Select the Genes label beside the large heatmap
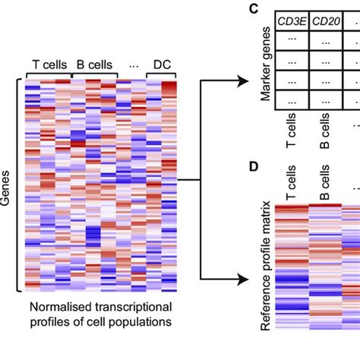(8, 186)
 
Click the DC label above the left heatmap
(162, 64)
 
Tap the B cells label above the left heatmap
(94, 64)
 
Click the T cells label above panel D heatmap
(291, 184)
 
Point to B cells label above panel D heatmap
(324, 184)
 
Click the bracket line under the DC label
(162, 74)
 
